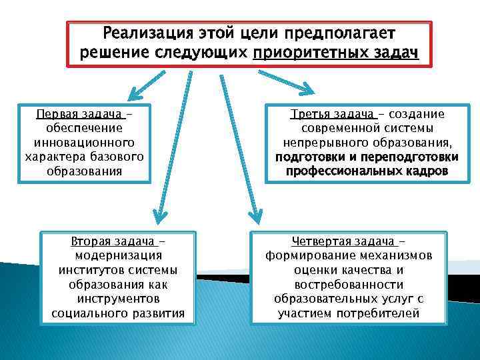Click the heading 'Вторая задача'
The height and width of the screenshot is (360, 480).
click(109, 241)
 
